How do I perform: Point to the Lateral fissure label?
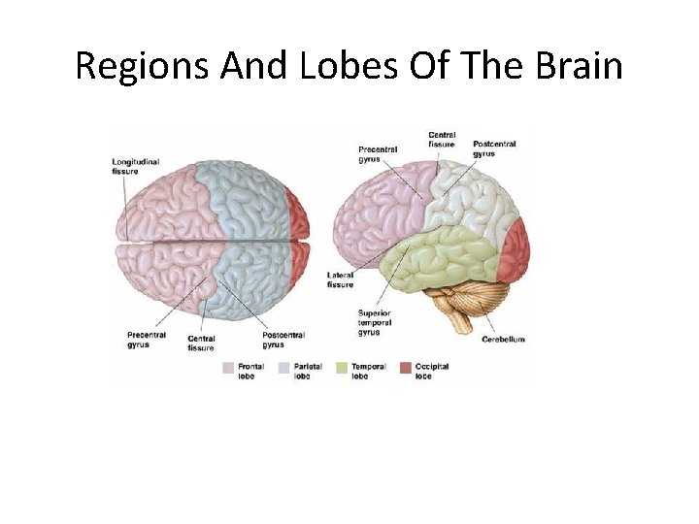(341, 280)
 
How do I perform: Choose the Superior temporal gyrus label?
(375, 323)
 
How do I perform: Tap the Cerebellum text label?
(503, 340)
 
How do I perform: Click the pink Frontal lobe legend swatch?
(228, 369)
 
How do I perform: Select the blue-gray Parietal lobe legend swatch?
(284, 369)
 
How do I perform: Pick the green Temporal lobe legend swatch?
(341, 369)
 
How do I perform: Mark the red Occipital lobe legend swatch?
(405, 369)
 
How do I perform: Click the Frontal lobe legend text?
(250, 371)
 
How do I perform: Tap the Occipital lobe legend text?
(431, 371)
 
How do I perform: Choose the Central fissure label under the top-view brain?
(201, 344)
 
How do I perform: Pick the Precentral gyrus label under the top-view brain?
(146, 340)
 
